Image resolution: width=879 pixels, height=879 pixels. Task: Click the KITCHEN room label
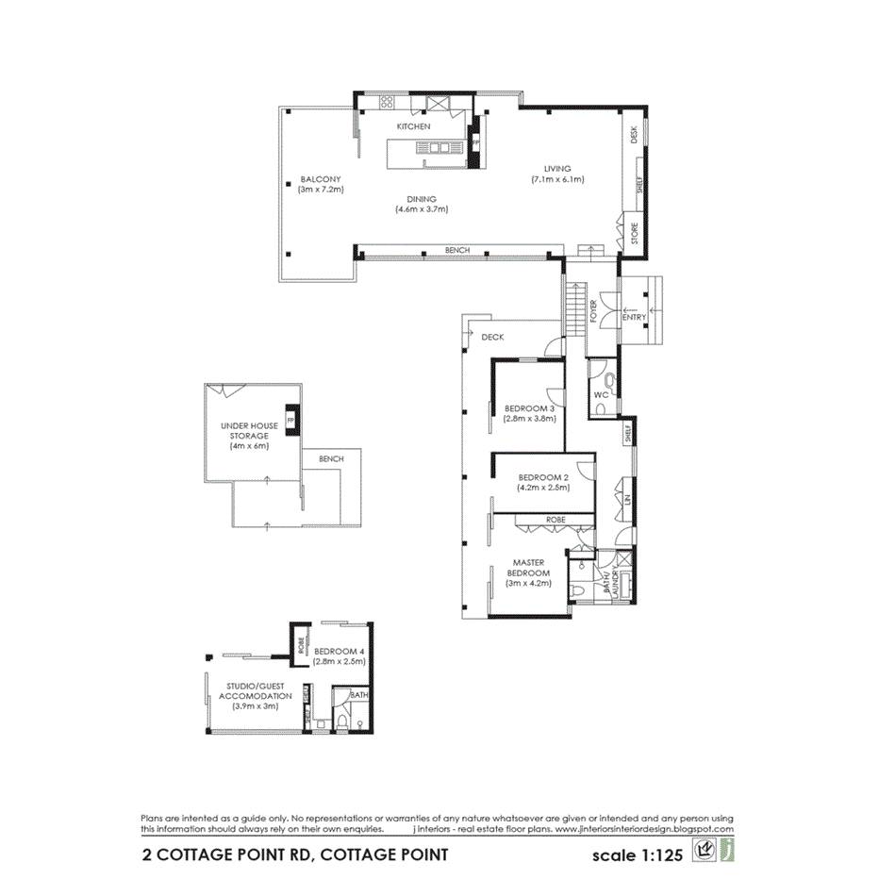pos(413,126)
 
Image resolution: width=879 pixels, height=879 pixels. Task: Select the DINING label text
pos(421,199)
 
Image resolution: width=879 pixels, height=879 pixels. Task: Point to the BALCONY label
pos(320,179)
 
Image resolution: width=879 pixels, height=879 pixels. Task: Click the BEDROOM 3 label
pos(528,408)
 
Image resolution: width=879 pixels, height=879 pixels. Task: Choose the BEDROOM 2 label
pos(542,478)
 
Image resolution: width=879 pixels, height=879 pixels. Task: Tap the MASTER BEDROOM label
pos(528,568)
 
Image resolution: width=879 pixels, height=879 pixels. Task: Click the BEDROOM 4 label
pos(337,652)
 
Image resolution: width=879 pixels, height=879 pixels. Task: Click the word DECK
pos(493,337)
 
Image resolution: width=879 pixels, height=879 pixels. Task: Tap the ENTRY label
pos(635,317)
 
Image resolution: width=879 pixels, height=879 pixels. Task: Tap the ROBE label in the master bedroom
pos(555,520)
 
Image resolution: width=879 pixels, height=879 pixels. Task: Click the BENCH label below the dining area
pos(457,251)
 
